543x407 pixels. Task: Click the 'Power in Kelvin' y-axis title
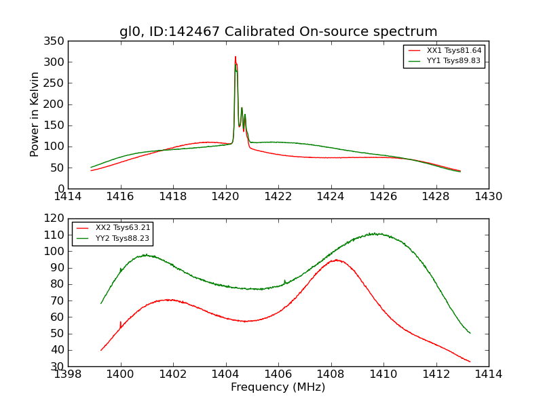click(x=35, y=115)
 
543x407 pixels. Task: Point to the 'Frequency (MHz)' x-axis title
click(x=278, y=387)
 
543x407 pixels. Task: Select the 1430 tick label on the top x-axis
click(x=488, y=197)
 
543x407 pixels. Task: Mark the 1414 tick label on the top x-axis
click(x=69, y=197)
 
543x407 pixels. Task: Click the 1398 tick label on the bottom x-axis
click(x=69, y=374)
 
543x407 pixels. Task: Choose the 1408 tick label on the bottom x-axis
click(x=331, y=374)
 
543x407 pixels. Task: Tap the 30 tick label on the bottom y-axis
click(x=58, y=366)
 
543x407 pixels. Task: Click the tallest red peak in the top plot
click(x=236, y=57)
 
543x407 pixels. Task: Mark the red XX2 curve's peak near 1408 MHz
click(x=337, y=260)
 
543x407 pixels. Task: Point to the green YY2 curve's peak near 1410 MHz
click(x=375, y=233)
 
